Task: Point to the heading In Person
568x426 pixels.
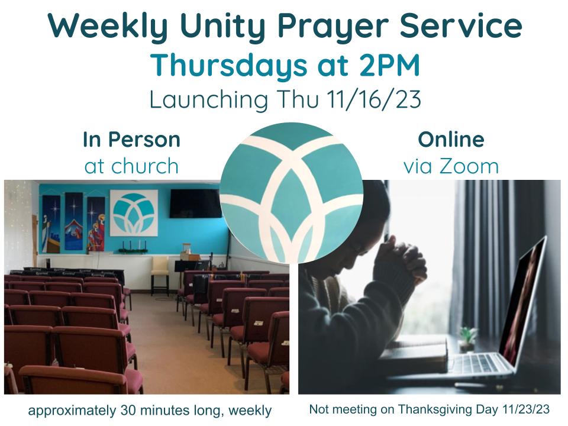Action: click(x=131, y=140)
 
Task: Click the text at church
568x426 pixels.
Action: click(x=131, y=166)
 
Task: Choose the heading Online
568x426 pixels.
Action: click(x=451, y=140)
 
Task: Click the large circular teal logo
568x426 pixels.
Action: click(x=291, y=192)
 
